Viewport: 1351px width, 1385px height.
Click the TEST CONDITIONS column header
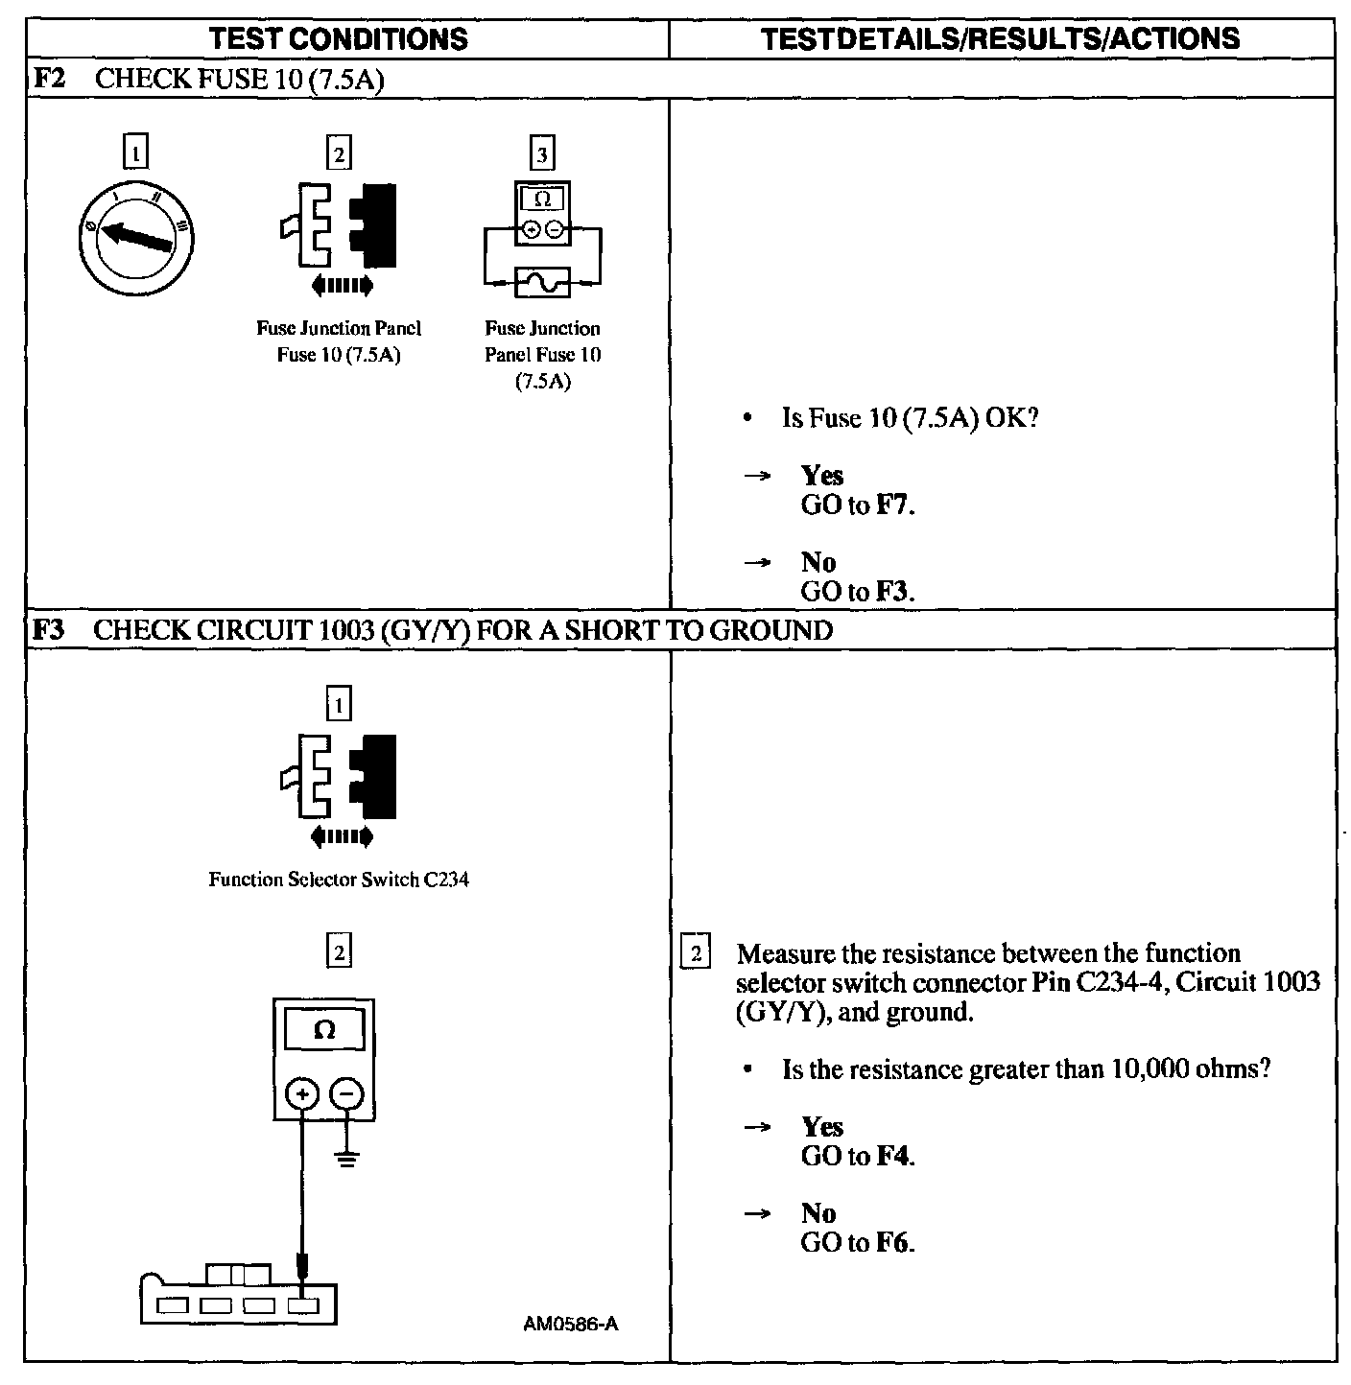[339, 39]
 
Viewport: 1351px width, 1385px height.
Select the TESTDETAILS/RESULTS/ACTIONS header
[1000, 38]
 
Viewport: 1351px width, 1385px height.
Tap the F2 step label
[49, 78]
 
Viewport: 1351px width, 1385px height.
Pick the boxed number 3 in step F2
[542, 153]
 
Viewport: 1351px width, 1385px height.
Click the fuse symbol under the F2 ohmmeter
[542, 282]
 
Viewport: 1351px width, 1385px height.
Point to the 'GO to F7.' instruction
[858, 505]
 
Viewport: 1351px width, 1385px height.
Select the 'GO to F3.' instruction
[858, 591]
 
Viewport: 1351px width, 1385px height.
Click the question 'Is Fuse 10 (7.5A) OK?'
[910, 418]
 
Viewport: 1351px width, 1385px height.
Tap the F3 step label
[49, 629]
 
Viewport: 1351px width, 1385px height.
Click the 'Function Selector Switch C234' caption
[339, 880]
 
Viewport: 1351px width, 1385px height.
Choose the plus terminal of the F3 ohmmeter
[303, 1094]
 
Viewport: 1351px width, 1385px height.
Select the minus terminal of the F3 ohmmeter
[347, 1094]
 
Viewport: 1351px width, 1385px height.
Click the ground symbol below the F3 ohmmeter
[347, 1158]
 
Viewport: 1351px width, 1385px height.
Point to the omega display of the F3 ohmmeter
[324, 1031]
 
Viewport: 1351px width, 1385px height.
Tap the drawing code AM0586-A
[570, 1325]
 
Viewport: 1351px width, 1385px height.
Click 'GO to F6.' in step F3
[858, 1243]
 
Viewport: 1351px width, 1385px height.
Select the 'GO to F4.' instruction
[858, 1157]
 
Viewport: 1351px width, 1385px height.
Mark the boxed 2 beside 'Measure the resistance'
[696, 954]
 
